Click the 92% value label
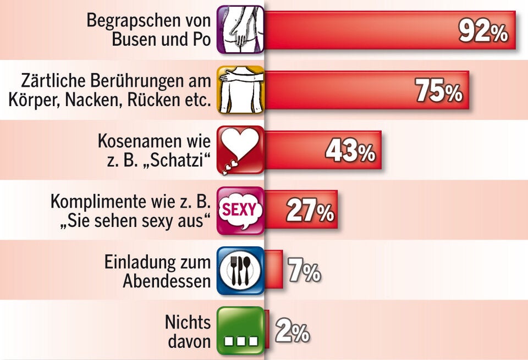pyautogui.click(x=482, y=32)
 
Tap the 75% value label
pyautogui.click(x=438, y=91)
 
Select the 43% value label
pyautogui.click(x=350, y=151)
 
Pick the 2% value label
pyautogui.click(x=291, y=331)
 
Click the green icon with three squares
pyautogui.click(x=240, y=330)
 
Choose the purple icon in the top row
pyautogui.click(x=240, y=30)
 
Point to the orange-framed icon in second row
pyautogui.click(x=240, y=90)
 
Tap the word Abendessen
pyautogui.click(x=167, y=281)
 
